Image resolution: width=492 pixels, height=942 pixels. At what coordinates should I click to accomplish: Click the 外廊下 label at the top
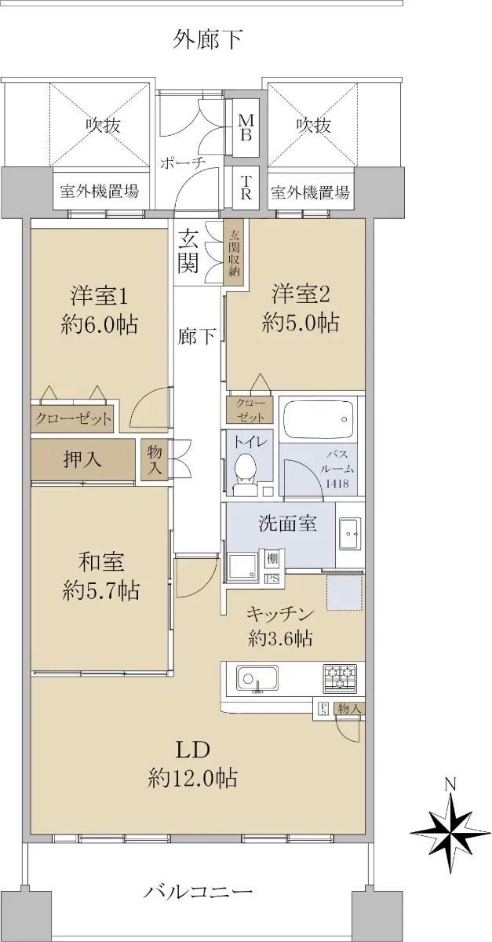[208, 40]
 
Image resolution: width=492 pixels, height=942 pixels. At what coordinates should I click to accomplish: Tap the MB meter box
[246, 128]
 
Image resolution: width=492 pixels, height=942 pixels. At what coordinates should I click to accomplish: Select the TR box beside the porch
[246, 187]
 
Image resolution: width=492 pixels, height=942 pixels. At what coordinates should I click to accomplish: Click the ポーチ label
[182, 162]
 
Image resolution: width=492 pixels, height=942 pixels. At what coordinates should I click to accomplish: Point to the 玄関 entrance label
[188, 253]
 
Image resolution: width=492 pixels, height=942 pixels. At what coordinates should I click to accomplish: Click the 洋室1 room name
[99, 296]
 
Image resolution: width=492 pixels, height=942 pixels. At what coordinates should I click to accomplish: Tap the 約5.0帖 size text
[301, 323]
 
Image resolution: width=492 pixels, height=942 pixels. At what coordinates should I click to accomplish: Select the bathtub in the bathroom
[319, 419]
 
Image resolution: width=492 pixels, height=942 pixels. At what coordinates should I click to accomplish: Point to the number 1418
[337, 484]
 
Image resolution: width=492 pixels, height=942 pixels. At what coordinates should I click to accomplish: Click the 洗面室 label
[288, 524]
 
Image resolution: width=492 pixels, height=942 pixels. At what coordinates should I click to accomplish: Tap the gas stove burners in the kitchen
[340, 678]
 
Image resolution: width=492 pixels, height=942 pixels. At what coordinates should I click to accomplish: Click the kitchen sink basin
[257, 677]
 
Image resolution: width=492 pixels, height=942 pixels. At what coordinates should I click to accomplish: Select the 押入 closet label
[82, 459]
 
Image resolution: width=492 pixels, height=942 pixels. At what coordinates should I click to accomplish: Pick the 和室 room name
[101, 562]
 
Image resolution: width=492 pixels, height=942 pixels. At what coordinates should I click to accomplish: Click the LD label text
[192, 750]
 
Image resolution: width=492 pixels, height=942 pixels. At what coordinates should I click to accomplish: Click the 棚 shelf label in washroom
[272, 559]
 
